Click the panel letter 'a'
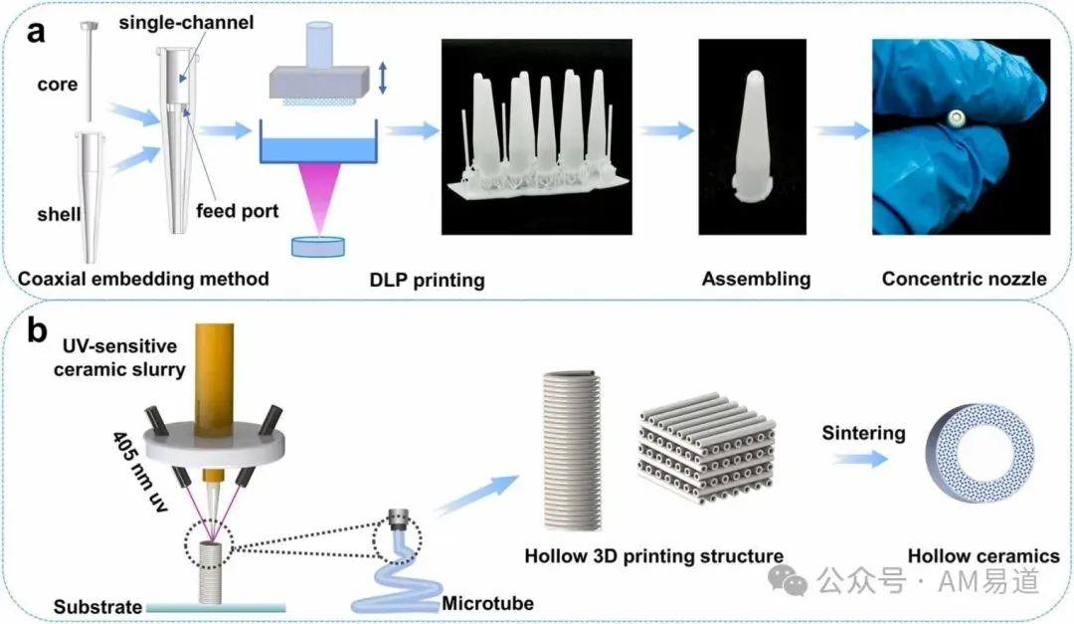point(36,32)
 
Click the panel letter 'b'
point(37,329)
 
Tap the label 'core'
point(58,85)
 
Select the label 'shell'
point(59,215)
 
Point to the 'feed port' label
point(237,211)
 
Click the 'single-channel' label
point(186,23)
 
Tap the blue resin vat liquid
point(318,150)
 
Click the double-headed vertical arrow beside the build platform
point(382,78)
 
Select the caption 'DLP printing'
point(427,280)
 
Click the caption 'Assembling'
point(756,279)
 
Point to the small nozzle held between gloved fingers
point(956,120)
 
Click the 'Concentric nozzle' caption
point(965,279)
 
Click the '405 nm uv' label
point(140,472)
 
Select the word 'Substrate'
point(97,607)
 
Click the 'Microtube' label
point(487,603)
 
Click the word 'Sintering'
point(864,433)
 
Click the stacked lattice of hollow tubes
point(707,448)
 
